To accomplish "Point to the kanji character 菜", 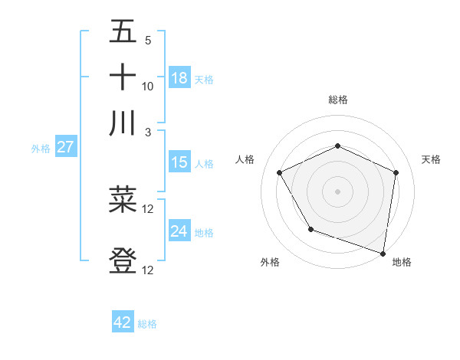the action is pyautogui.click(x=123, y=200).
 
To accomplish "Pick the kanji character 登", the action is pyautogui.click(x=123, y=260).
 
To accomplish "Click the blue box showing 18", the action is pyautogui.click(x=179, y=78).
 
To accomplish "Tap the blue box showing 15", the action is pyautogui.click(x=179, y=162).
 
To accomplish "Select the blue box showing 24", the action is pyautogui.click(x=179, y=231).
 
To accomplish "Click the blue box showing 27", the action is pyautogui.click(x=65, y=147).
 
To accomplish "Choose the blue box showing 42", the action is pyautogui.click(x=123, y=322).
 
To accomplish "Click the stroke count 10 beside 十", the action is pyautogui.click(x=148, y=86).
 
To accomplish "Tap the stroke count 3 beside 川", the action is pyautogui.click(x=148, y=131).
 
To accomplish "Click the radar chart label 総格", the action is pyautogui.click(x=338, y=100).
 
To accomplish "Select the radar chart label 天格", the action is pyautogui.click(x=432, y=159).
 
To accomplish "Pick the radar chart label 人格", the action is pyautogui.click(x=245, y=159).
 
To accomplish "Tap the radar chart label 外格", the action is pyautogui.click(x=270, y=263).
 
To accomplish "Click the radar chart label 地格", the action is pyautogui.click(x=402, y=263).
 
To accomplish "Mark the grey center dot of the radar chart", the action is pyautogui.click(x=337, y=191).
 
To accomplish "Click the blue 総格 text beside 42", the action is pyautogui.click(x=147, y=324).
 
